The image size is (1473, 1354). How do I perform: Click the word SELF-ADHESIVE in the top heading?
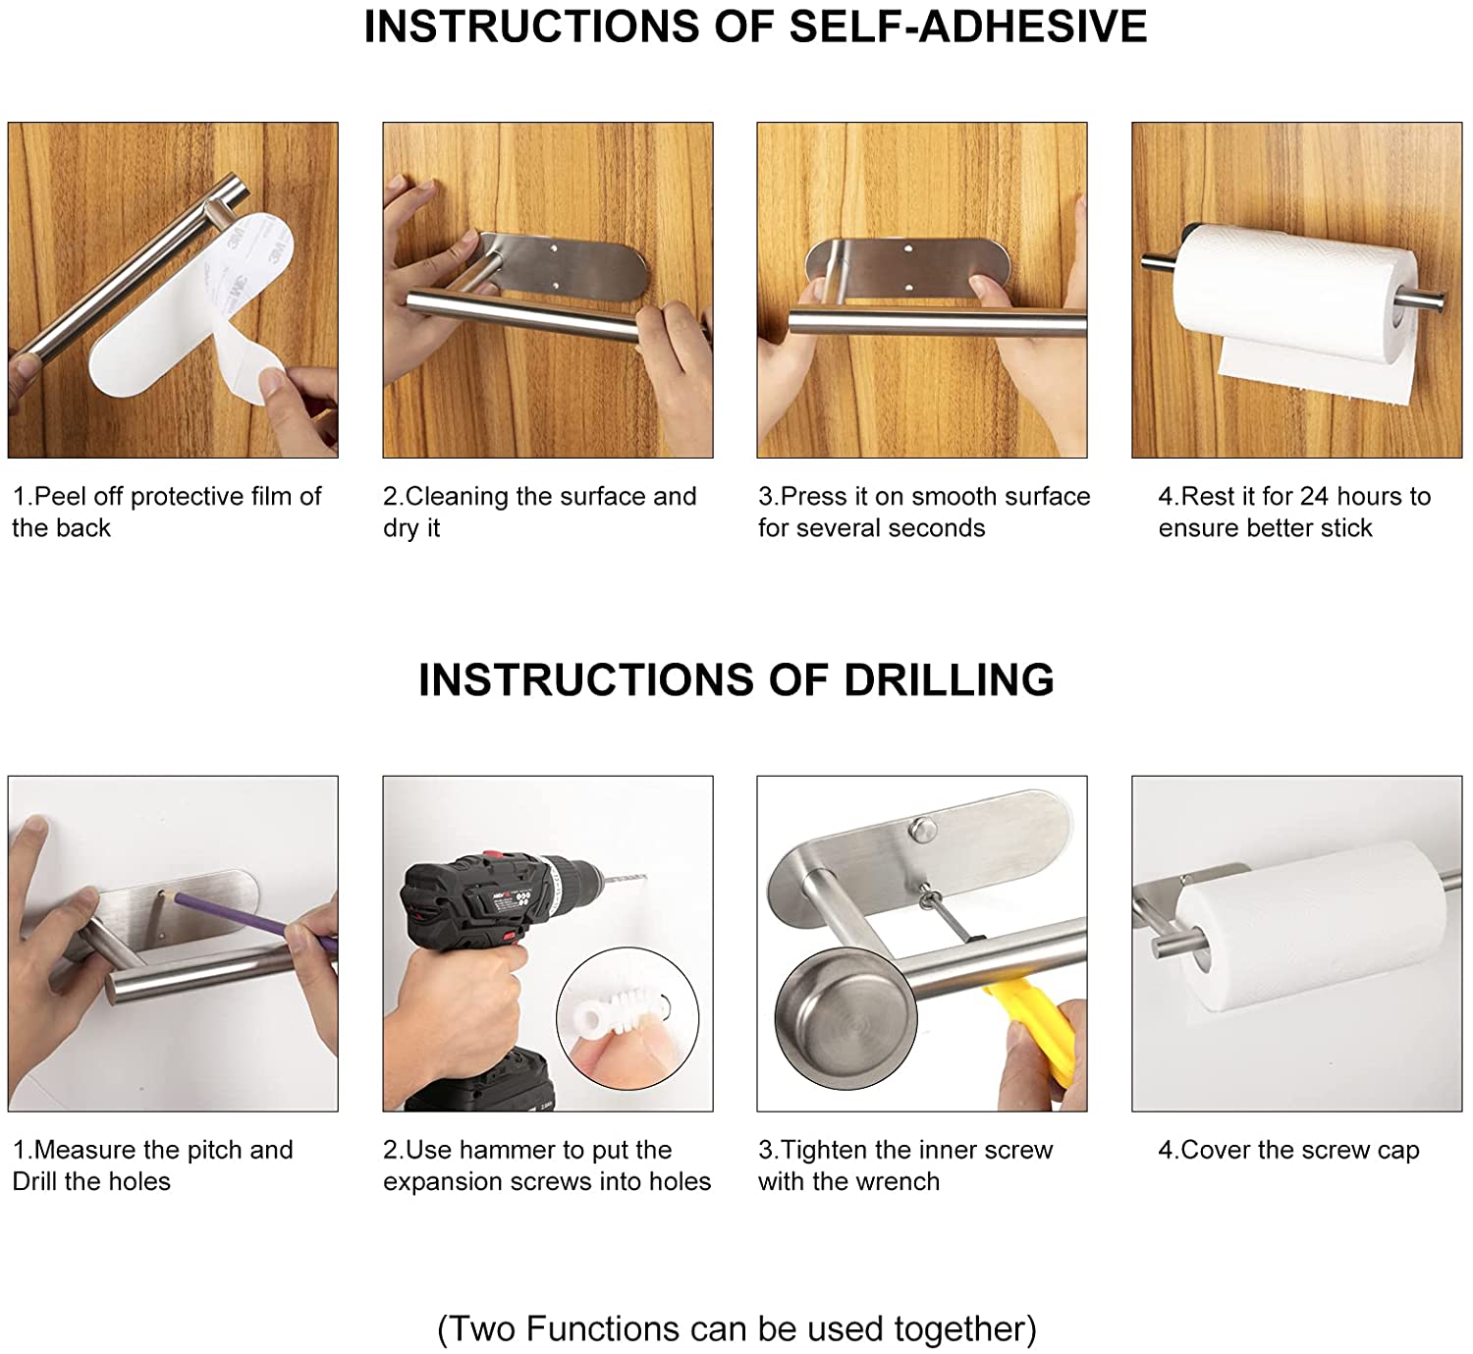(968, 27)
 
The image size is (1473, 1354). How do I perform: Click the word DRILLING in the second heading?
(949, 679)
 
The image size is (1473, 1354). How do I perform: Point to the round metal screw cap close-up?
(846, 1018)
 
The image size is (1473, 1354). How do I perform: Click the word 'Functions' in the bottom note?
(628, 1329)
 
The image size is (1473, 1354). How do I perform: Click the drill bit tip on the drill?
(645, 877)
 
